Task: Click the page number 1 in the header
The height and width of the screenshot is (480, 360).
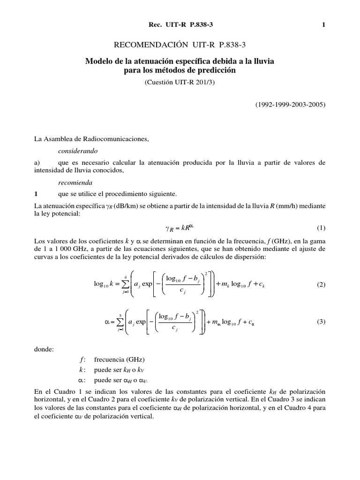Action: (x=323, y=25)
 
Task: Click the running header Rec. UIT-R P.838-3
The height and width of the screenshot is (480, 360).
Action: (x=180, y=25)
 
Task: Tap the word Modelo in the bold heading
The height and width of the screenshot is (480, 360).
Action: (x=100, y=61)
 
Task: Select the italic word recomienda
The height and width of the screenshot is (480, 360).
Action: (x=70, y=182)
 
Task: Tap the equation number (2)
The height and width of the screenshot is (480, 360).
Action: (x=321, y=285)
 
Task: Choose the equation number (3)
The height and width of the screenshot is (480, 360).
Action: (x=321, y=322)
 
